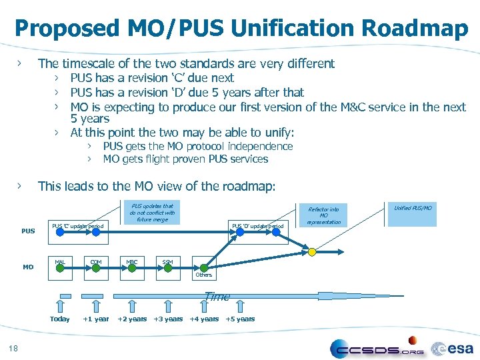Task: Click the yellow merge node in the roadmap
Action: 311,251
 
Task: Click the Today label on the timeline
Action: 60,319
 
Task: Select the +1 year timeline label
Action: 96,319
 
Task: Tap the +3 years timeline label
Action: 168,319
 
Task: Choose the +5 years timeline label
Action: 240,319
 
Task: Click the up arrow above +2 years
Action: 132,304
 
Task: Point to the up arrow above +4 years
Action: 204,304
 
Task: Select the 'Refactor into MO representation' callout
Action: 323,215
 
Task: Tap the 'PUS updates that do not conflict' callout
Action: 152,213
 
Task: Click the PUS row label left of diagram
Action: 28,231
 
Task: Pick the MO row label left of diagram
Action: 28,267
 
